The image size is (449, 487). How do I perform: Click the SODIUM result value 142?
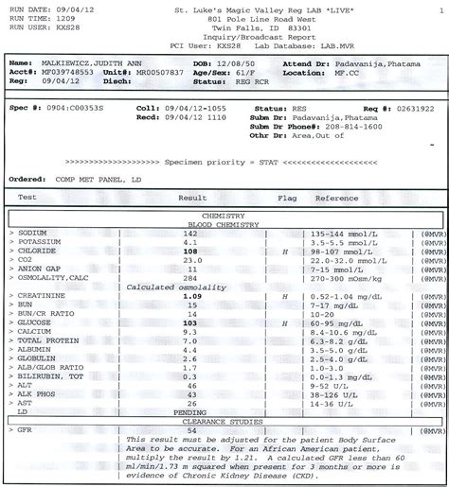coord(190,233)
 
